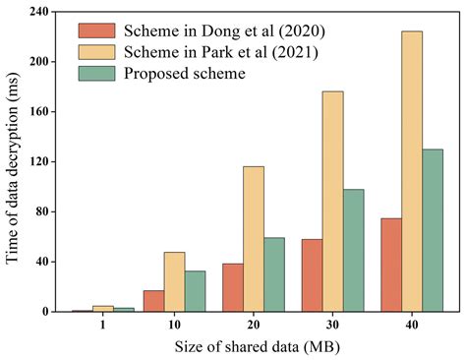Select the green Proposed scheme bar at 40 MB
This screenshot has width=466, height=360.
pyautogui.click(x=433, y=230)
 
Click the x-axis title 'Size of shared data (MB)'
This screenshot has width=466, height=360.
pyautogui.click(x=261, y=347)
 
